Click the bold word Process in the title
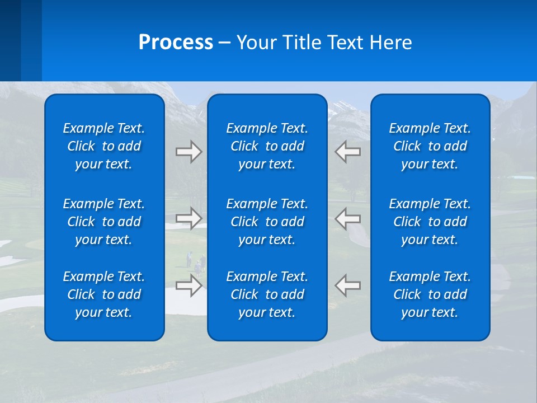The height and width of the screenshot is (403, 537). pyautogui.click(x=176, y=43)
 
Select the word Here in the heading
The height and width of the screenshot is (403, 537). pyautogui.click(x=390, y=43)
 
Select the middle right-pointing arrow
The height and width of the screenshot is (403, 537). pyautogui.click(x=189, y=218)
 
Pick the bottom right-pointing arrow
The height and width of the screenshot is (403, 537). pyautogui.click(x=189, y=285)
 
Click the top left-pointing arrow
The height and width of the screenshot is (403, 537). pyautogui.click(x=347, y=152)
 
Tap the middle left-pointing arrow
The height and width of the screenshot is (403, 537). pyautogui.click(x=347, y=218)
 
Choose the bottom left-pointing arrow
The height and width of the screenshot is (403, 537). pyautogui.click(x=347, y=285)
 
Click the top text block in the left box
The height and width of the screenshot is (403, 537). pyautogui.click(x=104, y=146)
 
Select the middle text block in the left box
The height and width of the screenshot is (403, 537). pyautogui.click(x=104, y=222)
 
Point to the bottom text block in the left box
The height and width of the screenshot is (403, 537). pyautogui.click(x=104, y=294)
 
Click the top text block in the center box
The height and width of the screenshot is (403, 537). pyautogui.click(x=267, y=146)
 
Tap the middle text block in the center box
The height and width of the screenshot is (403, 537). pyautogui.click(x=267, y=222)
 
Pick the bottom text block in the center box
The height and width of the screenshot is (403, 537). pyautogui.click(x=267, y=294)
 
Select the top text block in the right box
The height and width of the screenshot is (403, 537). pyautogui.click(x=430, y=146)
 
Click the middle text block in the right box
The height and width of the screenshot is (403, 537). pyautogui.click(x=430, y=222)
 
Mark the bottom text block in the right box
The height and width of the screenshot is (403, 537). pyautogui.click(x=430, y=294)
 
